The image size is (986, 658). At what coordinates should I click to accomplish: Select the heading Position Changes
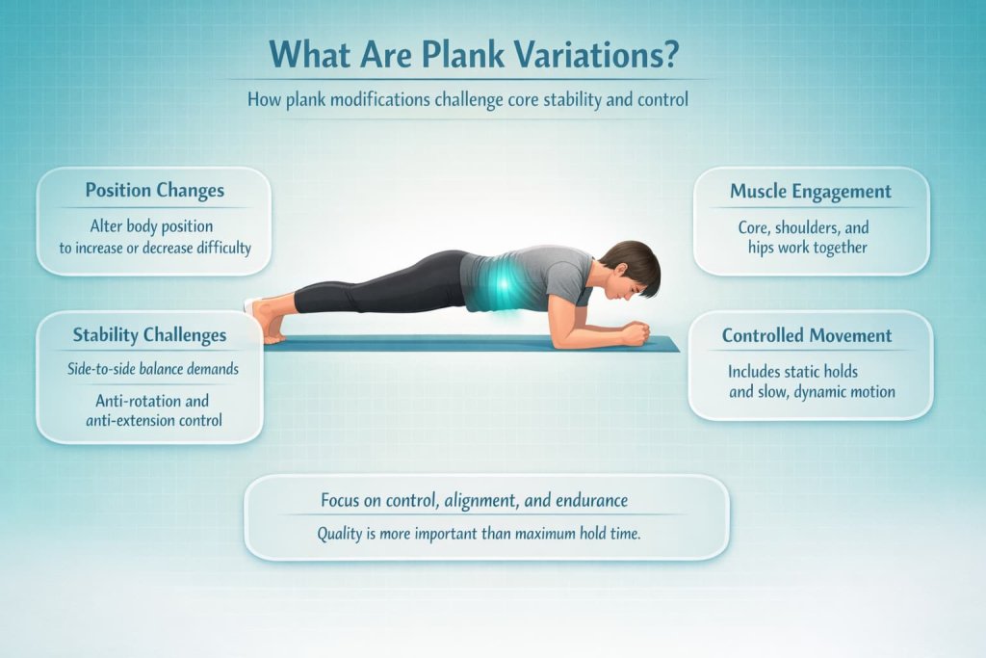click(153, 190)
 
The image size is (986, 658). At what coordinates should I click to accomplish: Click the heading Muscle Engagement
click(811, 191)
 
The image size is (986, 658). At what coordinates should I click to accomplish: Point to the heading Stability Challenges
click(150, 335)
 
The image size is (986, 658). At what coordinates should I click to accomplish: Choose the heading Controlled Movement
click(807, 336)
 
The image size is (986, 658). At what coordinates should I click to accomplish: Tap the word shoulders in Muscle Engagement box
click(812, 228)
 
